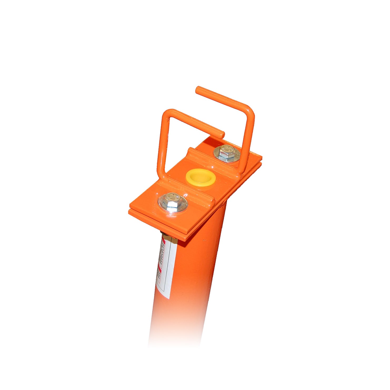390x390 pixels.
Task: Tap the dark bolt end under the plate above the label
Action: tap(163, 233)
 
